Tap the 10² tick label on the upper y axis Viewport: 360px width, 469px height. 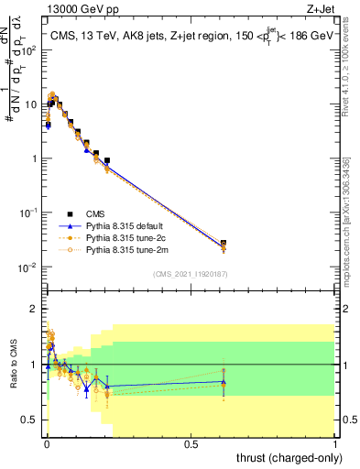click(x=29, y=49)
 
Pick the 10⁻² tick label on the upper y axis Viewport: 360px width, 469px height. click(x=29, y=267)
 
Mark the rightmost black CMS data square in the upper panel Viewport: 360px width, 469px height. click(x=224, y=244)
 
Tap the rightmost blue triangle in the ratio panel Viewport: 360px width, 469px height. click(x=224, y=382)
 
